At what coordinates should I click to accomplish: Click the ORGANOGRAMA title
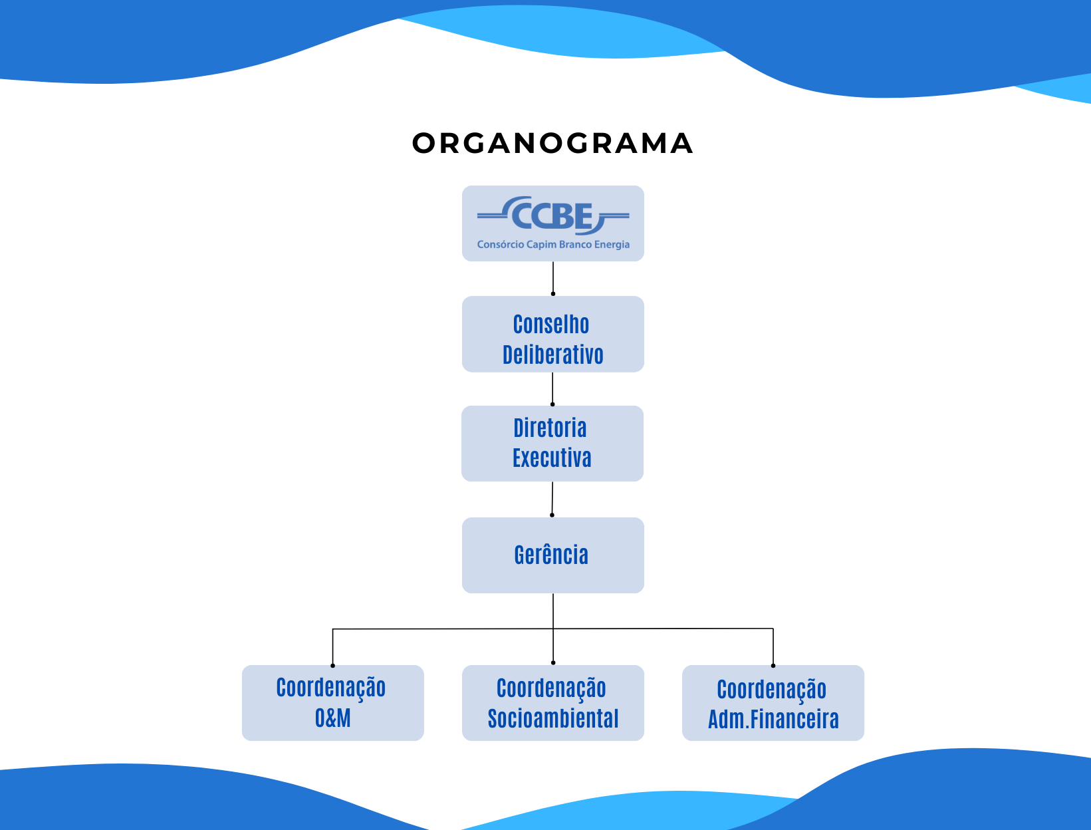tap(552, 143)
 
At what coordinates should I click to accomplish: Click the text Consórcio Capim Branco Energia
tap(553, 245)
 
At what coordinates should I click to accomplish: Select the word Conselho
tap(551, 325)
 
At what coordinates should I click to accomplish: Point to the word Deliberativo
tap(552, 355)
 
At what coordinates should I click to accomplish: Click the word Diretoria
tap(550, 428)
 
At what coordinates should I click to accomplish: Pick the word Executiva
tap(552, 458)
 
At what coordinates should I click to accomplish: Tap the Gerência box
tap(552, 555)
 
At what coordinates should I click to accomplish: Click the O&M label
tap(332, 718)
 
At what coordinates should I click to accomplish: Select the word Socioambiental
tap(553, 719)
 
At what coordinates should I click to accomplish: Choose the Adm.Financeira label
tap(773, 720)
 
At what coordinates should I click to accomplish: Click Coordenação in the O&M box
tap(331, 688)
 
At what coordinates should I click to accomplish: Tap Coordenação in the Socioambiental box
tap(551, 688)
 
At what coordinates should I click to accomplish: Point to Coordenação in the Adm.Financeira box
tap(771, 690)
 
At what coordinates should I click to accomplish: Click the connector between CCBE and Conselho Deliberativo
tap(553, 278)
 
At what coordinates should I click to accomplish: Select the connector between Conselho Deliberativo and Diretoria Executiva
tap(552, 388)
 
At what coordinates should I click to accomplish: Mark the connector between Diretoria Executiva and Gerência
tap(552, 499)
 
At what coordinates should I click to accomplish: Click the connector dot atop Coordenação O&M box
tap(332, 665)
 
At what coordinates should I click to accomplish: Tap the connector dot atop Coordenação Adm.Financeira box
tap(773, 665)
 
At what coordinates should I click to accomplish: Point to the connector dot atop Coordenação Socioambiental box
tap(553, 662)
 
